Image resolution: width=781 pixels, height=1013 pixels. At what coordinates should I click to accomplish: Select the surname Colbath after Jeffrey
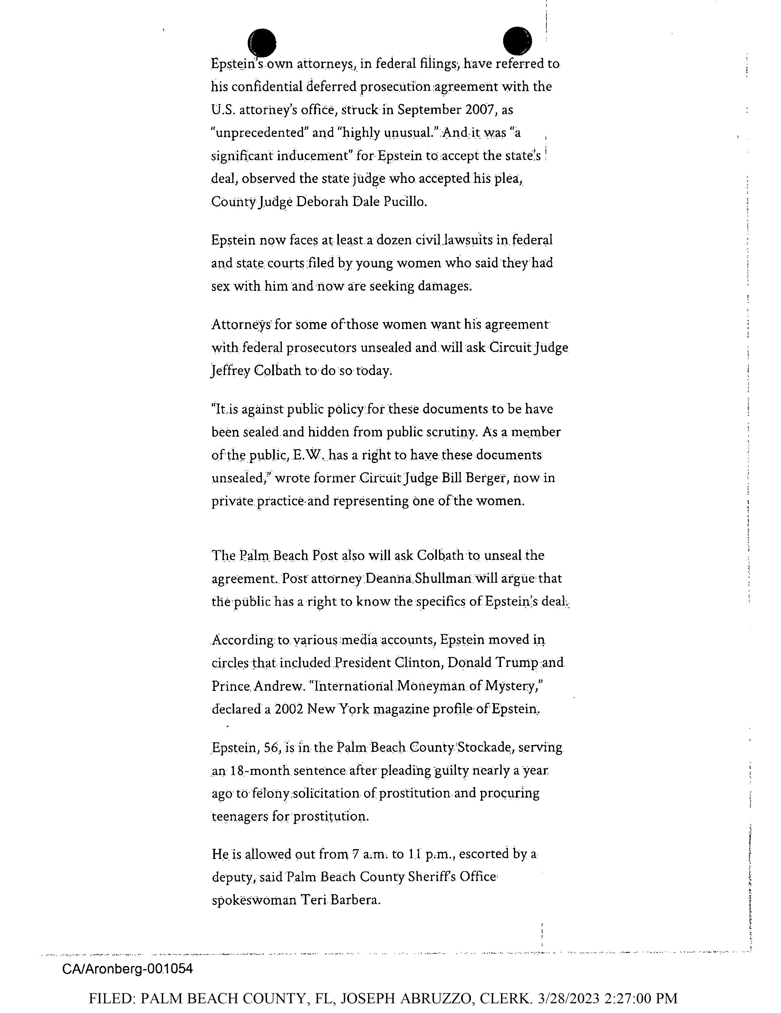[278, 371]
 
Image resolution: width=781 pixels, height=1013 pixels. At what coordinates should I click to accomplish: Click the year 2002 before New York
[289, 709]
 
